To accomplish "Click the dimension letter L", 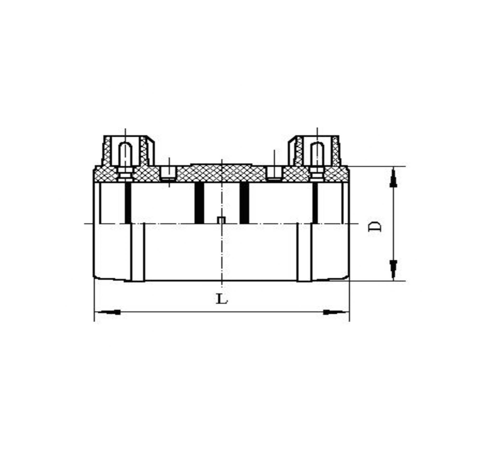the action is click(x=222, y=299).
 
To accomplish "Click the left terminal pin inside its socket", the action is click(x=126, y=154).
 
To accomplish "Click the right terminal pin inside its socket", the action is click(x=317, y=154).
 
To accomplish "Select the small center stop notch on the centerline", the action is click(x=222, y=220).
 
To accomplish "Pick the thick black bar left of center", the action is click(x=199, y=203).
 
